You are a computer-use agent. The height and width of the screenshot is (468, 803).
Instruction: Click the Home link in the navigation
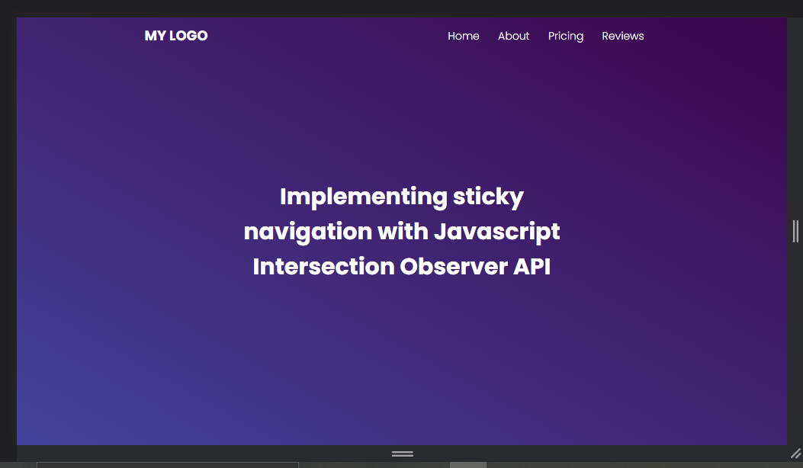pos(463,36)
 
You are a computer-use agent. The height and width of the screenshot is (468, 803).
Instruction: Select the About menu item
pos(513,36)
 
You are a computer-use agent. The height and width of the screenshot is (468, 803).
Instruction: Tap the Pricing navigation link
pos(565,37)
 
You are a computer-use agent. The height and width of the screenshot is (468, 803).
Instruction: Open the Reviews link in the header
pos(623,36)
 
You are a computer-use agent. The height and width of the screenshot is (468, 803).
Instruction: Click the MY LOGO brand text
pos(176,36)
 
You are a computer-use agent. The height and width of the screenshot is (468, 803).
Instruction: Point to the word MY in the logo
pos(155,36)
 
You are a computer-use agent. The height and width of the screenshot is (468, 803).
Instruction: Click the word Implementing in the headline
pos(364,197)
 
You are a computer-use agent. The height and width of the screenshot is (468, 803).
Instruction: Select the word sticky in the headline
pos(488,197)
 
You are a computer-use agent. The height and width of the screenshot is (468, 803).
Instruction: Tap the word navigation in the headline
pos(308,232)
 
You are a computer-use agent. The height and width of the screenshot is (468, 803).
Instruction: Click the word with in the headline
pos(403,231)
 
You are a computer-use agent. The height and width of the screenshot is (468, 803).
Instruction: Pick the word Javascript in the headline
pos(496,232)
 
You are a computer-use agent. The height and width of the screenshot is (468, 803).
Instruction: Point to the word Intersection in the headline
pos(323,266)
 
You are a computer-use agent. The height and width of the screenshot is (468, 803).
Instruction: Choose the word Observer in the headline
pos(454,266)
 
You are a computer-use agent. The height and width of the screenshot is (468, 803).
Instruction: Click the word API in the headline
pos(532,266)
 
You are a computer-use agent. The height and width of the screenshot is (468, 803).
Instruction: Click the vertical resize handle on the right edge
pos(795,231)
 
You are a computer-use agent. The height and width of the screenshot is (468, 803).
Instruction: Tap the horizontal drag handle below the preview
pos(403,454)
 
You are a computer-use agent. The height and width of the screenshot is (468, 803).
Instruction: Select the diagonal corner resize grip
pos(796,454)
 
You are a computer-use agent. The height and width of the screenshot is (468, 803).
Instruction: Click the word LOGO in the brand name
pos(188,36)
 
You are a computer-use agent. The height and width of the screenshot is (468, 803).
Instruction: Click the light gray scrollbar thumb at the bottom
pos(468,465)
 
